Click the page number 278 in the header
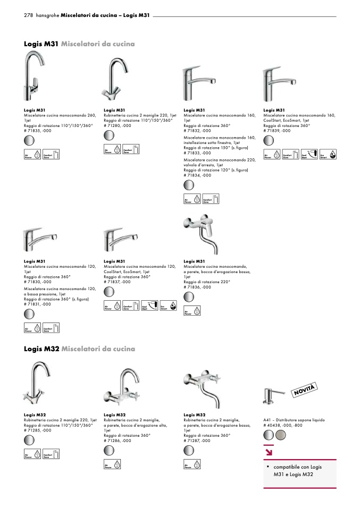(29, 16)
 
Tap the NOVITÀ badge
(305, 389)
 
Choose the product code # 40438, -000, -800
(283, 425)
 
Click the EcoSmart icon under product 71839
(323, 155)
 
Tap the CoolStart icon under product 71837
(148, 306)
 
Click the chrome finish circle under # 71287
(189, 450)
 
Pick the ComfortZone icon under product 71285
(51, 454)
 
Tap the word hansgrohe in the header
(47, 16)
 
